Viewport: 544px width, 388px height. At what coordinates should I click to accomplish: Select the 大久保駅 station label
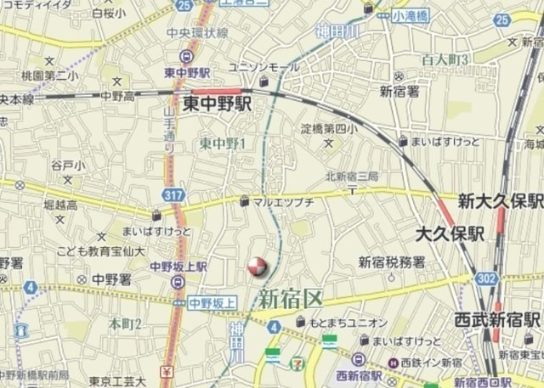pyautogui.click(x=450, y=230)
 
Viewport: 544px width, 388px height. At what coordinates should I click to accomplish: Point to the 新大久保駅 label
pyautogui.click(x=499, y=201)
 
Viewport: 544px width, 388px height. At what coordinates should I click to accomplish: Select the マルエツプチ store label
pyautogui.click(x=286, y=202)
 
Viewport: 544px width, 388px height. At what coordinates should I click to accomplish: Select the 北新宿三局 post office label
pyautogui.click(x=351, y=176)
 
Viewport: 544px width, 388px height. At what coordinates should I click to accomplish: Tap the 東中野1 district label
pyautogui.click(x=222, y=144)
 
